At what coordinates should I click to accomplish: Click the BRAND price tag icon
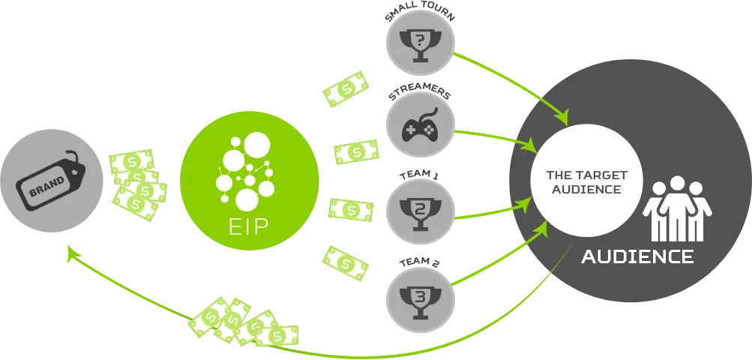pos(51,181)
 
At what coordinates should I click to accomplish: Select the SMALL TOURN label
pos(420,15)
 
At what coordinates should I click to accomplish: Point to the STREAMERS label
pos(420,94)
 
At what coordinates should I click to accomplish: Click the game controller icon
pos(420,127)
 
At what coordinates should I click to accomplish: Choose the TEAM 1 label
pos(420,175)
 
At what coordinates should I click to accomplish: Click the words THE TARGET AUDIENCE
pos(586,182)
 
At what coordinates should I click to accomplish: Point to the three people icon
pos(677,208)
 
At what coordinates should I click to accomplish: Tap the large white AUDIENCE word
pos(637,256)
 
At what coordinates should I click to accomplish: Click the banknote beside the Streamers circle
pos(356,153)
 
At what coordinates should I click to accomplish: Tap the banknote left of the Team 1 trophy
pos(351,210)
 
